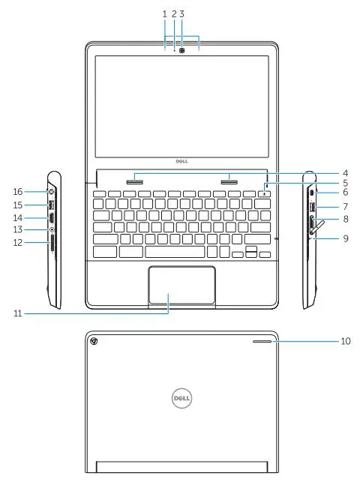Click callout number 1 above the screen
pos(164,13)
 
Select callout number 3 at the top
pos(182,13)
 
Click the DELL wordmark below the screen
pos(180,160)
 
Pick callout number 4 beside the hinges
pos(346,172)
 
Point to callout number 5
pos(346,182)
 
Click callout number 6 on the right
pos(346,193)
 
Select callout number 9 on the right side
pos(346,238)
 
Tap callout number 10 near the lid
pos(346,341)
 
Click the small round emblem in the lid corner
pos(94,342)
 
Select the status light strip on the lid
pos(261,341)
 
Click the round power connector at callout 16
pos(52,192)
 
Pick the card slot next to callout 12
pos(52,243)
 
